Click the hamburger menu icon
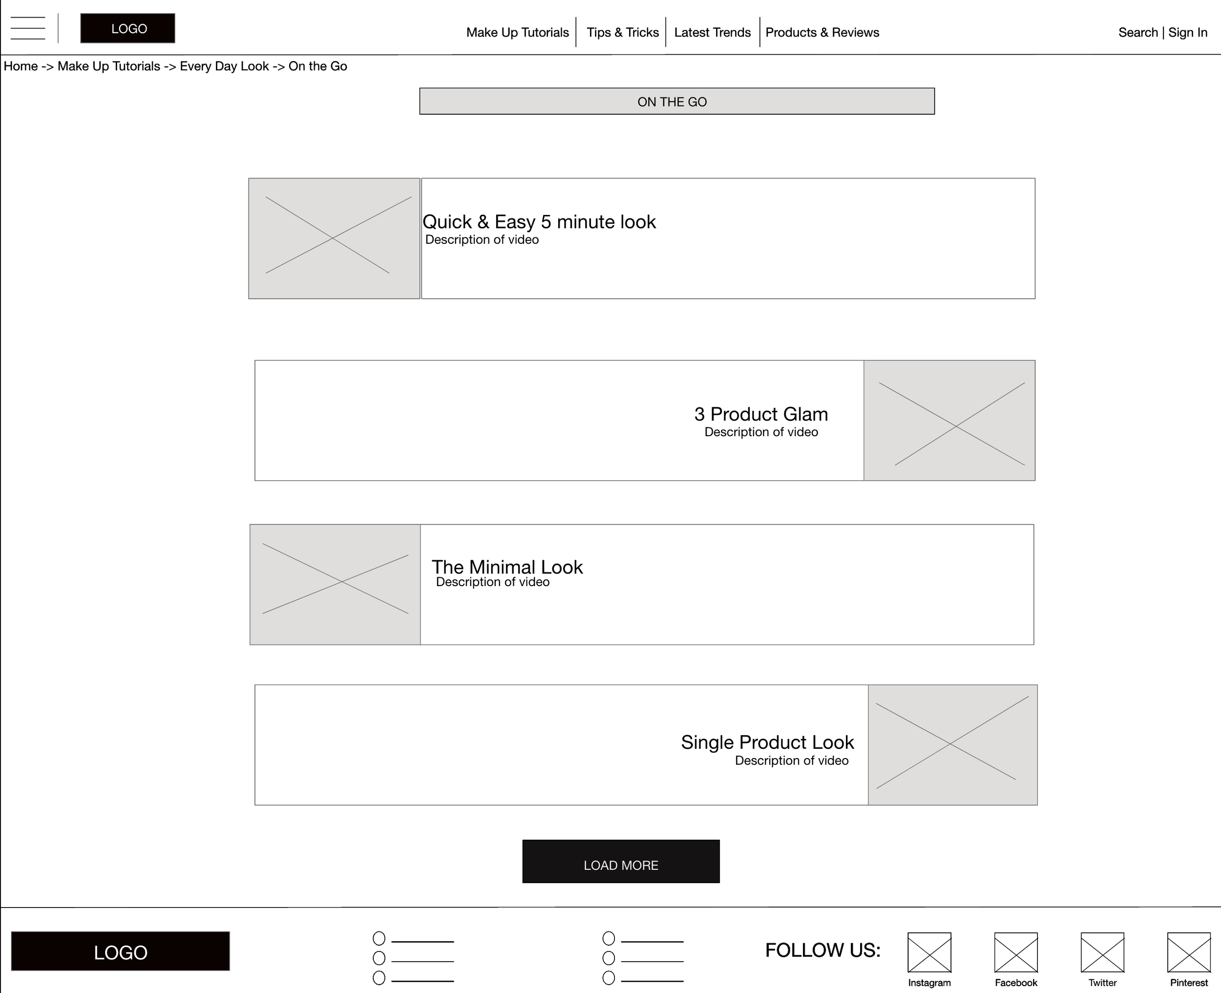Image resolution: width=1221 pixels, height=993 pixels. point(27,28)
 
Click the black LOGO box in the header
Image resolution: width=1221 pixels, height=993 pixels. point(127,28)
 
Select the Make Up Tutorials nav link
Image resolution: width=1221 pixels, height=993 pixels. point(518,33)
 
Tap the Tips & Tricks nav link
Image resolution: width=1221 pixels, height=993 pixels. point(623,33)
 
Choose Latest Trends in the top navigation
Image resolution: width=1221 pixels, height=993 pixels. point(713,33)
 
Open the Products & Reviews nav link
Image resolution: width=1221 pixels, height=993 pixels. point(822,33)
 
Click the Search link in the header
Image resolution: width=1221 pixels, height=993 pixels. point(1138,33)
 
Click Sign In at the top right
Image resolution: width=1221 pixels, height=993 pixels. point(1188,33)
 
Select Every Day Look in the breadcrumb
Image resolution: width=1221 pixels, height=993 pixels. point(224,66)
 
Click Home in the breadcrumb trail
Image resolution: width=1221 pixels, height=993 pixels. point(21,66)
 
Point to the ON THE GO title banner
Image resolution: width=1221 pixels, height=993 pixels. point(677,101)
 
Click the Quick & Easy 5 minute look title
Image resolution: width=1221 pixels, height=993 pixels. point(539,222)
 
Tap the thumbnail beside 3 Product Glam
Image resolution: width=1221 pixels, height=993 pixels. point(949,421)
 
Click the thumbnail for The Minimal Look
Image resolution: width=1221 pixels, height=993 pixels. point(335,585)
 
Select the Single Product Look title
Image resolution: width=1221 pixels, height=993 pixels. point(767,742)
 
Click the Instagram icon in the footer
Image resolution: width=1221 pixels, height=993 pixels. point(929,952)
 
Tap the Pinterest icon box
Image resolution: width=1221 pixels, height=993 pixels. point(1189,952)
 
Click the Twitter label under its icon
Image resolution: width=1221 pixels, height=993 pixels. point(1103,983)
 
